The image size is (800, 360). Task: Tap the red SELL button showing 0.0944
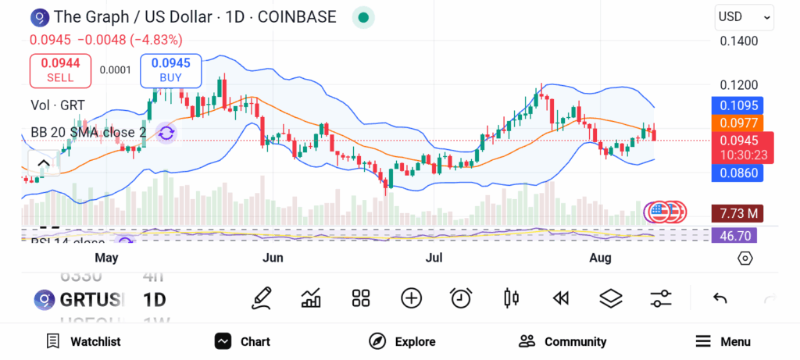[x=60, y=70]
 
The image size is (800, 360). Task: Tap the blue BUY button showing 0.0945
[x=170, y=70]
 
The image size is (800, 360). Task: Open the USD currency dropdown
[x=744, y=16]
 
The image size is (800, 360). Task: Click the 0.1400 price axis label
[x=738, y=41]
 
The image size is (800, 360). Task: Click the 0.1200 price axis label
[x=738, y=85]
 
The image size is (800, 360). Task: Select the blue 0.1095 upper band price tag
[x=738, y=105]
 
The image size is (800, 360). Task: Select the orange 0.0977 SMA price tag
[x=738, y=123]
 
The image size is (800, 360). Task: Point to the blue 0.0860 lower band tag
[x=738, y=173]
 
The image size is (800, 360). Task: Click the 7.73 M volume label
[x=737, y=213]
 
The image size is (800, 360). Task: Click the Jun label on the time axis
[x=273, y=258]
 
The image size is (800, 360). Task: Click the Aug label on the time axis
[x=600, y=258]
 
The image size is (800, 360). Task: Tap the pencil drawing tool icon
[x=262, y=298]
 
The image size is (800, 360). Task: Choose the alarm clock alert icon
[x=461, y=298]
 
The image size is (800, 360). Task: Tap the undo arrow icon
[x=720, y=298]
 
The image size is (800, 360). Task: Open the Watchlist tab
[x=84, y=341]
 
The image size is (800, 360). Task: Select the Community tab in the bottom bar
[x=562, y=341]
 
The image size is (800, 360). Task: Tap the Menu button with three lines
[x=723, y=341]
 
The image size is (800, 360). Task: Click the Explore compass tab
[x=402, y=341]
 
